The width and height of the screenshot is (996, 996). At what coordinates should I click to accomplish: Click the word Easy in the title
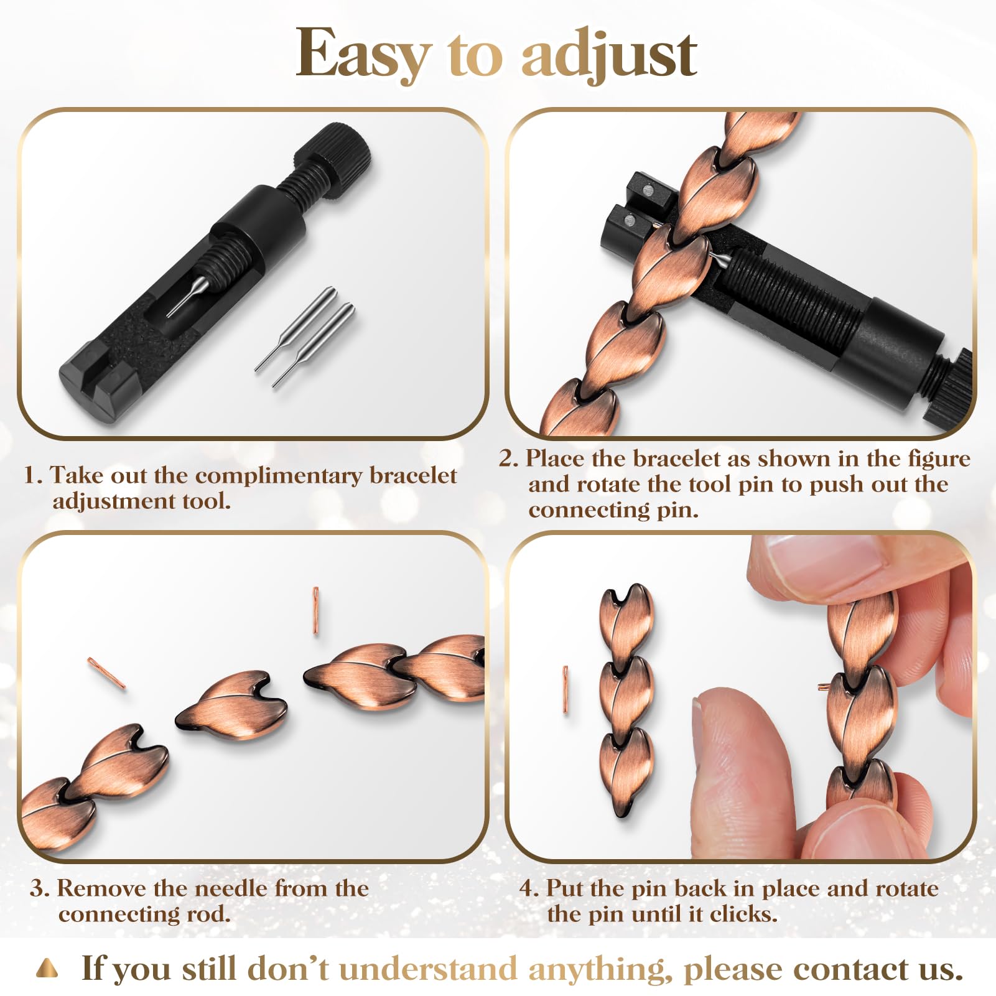coord(363,55)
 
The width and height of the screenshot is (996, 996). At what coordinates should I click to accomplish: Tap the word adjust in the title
coord(609,55)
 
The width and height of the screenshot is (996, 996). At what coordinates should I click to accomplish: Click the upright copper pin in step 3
coord(316,610)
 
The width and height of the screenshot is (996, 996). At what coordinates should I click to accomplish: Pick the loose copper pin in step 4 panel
coord(565,689)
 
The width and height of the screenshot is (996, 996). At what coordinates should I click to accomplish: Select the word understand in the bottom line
coord(428,969)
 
